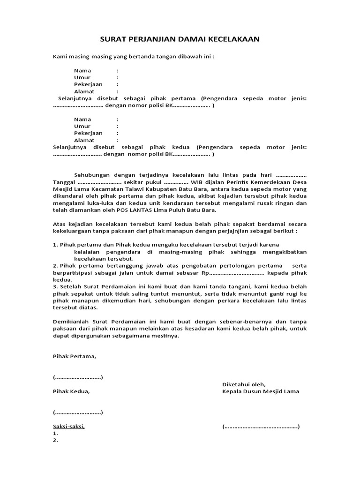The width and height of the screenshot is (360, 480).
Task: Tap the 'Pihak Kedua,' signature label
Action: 70,391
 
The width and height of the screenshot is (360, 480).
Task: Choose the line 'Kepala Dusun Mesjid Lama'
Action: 260,391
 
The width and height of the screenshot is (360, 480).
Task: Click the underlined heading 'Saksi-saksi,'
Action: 68,427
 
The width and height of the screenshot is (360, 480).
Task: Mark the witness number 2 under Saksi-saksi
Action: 55,441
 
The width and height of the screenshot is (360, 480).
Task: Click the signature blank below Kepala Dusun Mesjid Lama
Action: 261,427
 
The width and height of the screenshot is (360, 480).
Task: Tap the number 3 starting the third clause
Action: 54,287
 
